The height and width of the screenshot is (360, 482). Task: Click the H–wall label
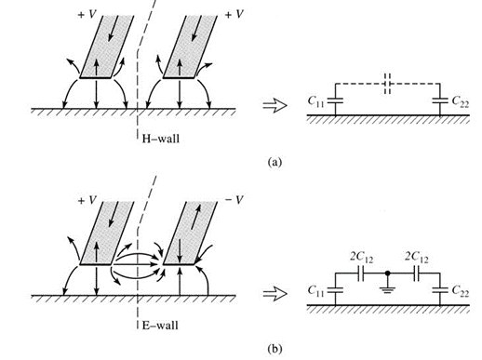[161, 139]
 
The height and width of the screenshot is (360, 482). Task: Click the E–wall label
[160, 326]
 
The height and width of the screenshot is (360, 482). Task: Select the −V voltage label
[234, 200]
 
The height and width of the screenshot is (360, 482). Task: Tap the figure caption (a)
[274, 162]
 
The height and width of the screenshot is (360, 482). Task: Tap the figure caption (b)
[274, 349]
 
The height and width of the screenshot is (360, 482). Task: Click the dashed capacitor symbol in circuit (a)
[387, 84]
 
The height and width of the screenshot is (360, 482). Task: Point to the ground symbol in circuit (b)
[387, 289]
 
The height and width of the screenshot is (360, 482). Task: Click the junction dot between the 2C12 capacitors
[387, 273]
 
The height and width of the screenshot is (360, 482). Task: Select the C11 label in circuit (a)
[315, 101]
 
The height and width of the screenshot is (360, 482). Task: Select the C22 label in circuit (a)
[461, 101]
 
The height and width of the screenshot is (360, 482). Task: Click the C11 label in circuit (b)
[315, 291]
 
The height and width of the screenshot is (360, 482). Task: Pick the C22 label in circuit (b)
[461, 291]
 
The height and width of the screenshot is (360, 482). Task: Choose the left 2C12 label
[361, 258]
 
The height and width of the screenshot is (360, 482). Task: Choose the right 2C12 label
[417, 257]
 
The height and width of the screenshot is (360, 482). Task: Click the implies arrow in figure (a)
[274, 105]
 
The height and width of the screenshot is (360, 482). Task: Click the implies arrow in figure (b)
[274, 293]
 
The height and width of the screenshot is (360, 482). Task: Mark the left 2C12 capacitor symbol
[361, 273]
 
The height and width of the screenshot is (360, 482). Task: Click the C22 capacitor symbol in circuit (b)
[440, 290]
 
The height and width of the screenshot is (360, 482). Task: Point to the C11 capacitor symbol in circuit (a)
[335, 100]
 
